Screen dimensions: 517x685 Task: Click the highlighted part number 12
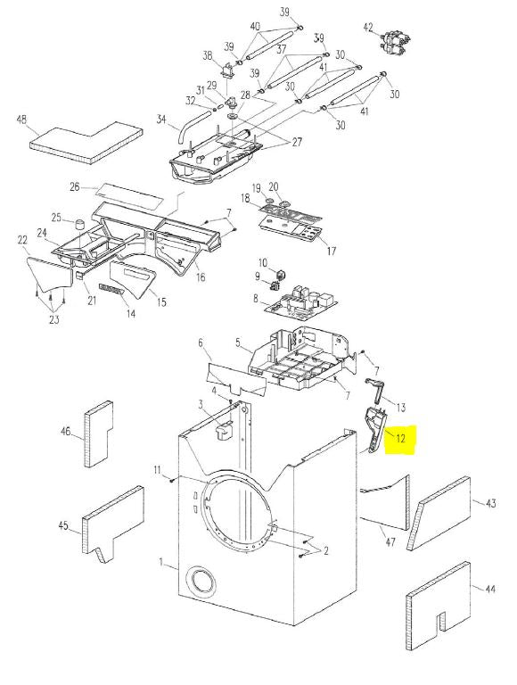coord(401,438)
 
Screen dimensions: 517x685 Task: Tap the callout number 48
coord(22,120)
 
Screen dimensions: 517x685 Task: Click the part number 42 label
coord(368,27)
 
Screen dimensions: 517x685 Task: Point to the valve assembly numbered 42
coord(394,43)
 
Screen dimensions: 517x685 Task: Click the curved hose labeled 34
coord(191,127)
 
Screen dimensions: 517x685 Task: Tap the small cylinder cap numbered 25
coord(79,225)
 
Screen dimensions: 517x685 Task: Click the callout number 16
coord(201,277)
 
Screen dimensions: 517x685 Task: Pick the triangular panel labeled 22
coord(48,274)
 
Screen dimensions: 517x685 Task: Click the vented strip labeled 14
coord(111,289)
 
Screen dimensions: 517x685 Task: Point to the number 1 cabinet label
coord(160,563)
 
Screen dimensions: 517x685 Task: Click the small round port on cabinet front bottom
coord(201,583)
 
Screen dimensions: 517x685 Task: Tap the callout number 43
coord(490,503)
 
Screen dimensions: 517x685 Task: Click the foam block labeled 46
coord(99,433)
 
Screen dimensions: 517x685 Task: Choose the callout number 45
coord(63,524)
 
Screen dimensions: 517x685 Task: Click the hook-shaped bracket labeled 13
coord(375,390)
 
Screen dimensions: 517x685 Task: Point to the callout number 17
coord(331,251)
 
